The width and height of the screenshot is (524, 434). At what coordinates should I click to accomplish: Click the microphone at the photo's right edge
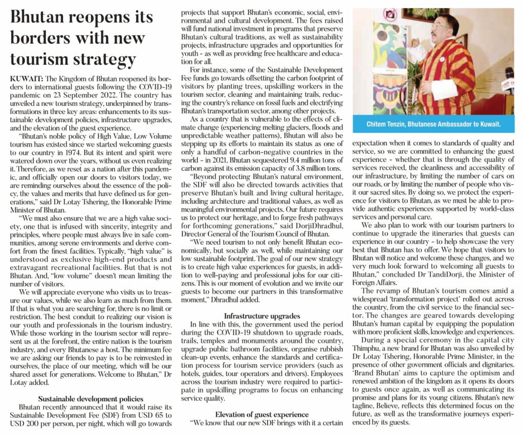509,82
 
